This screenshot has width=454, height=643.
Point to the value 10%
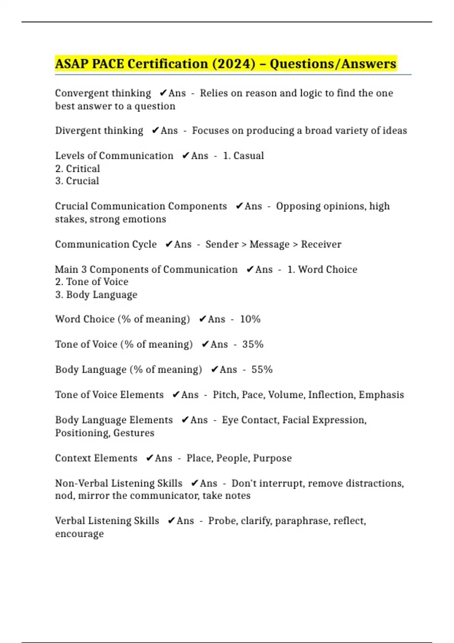pyautogui.click(x=250, y=319)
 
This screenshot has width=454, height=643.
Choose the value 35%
pyautogui.click(x=253, y=344)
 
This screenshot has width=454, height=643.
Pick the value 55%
pyautogui.click(x=262, y=370)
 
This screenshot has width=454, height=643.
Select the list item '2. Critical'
pyautogui.click(x=78, y=169)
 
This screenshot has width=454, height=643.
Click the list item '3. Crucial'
pyautogui.click(x=77, y=181)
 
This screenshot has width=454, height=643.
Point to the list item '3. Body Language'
pyautogui.click(x=96, y=295)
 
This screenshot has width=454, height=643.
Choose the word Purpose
pyautogui.click(x=272, y=458)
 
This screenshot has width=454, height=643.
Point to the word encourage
pyautogui.click(x=79, y=534)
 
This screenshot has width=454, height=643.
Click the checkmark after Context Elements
pyautogui.click(x=150, y=458)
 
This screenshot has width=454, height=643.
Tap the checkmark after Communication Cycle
pyautogui.click(x=169, y=244)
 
